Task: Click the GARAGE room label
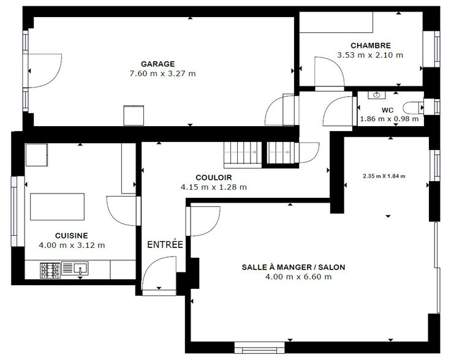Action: point(157,64)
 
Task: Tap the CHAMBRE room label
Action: point(371,45)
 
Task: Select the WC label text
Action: point(387,110)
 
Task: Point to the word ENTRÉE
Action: point(165,244)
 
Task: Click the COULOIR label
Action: point(213,178)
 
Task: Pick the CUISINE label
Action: point(71,236)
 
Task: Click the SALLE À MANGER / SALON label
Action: point(294,267)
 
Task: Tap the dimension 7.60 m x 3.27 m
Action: point(163,73)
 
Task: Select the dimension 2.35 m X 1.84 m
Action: point(384,176)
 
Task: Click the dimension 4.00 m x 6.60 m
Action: point(298,277)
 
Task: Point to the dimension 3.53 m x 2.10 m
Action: point(370,55)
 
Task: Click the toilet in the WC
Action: point(414,108)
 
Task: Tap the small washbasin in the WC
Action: point(377,95)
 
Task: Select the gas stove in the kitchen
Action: point(50,271)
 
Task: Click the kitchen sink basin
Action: point(81,269)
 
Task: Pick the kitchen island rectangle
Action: point(57,207)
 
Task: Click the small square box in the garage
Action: point(134,116)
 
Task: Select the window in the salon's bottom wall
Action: point(259,347)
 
